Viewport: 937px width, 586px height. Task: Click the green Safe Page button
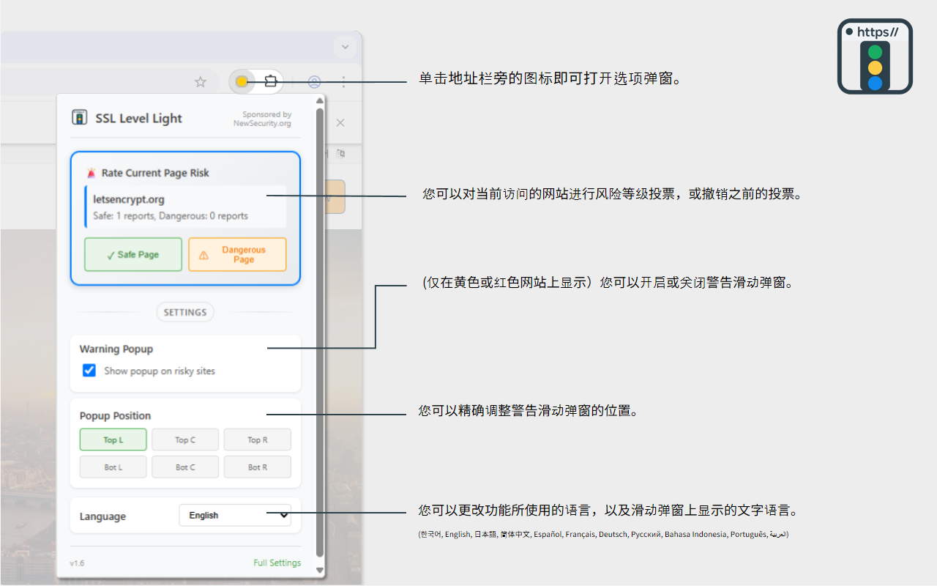(133, 255)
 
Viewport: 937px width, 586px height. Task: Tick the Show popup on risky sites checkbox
(89, 371)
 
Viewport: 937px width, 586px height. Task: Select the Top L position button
(113, 439)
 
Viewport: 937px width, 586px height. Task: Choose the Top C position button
(185, 439)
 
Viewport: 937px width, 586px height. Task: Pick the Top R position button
(257, 439)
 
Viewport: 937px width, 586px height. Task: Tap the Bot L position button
(113, 467)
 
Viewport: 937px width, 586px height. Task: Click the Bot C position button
(185, 467)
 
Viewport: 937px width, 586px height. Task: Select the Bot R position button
(257, 467)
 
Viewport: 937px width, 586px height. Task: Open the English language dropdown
(235, 516)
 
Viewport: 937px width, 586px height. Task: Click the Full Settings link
(277, 563)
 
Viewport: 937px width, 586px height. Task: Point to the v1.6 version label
(77, 563)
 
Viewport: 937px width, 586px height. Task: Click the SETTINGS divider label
(185, 312)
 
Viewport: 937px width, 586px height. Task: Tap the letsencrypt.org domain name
(129, 199)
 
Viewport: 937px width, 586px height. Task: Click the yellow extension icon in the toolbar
(242, 81)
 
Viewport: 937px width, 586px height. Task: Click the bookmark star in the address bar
(201, 82)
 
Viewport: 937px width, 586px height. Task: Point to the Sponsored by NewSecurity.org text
(262, 119)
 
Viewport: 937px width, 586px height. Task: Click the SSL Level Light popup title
(138, 119)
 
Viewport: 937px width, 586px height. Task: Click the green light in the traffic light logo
(875, 52)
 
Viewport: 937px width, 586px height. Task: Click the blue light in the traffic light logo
(875, 83)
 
